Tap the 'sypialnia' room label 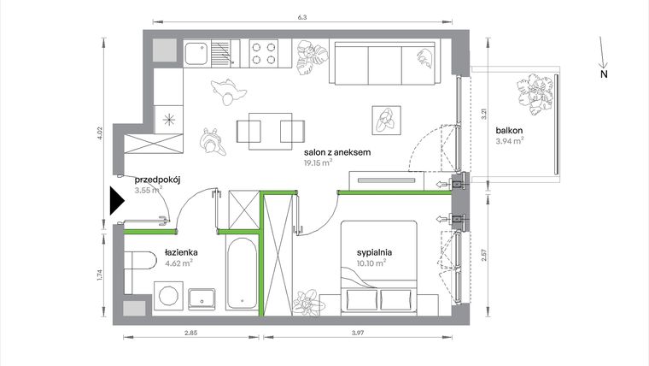point(375,252)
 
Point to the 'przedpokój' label point(160,180)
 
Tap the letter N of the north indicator point(603,75)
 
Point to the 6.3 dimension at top point(302,16)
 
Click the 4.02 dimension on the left point(100,133)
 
